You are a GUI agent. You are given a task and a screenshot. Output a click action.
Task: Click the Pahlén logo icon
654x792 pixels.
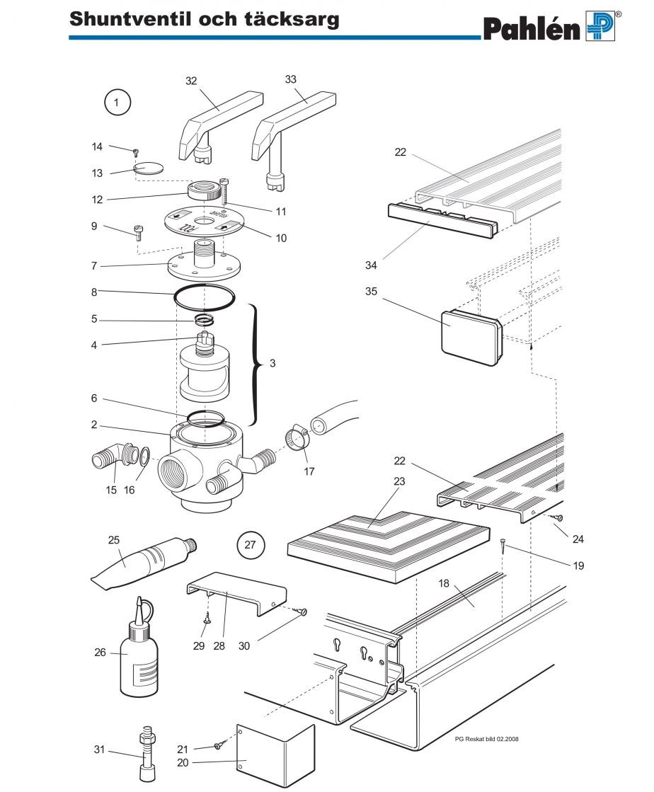600,26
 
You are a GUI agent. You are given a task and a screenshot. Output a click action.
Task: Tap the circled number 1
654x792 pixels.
117,103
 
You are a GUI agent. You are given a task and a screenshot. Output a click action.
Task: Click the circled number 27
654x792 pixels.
250,545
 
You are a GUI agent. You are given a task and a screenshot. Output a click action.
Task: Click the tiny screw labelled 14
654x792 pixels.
134,151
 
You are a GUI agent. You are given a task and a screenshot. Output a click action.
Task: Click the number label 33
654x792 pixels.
291,79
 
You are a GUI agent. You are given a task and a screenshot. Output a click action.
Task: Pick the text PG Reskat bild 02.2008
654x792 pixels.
488,738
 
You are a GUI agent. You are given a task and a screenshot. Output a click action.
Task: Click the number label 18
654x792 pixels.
444,583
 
